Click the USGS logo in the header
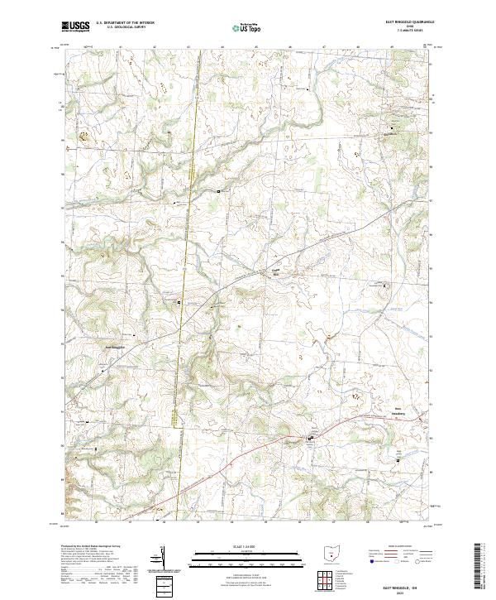coord(76,27)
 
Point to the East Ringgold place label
coord(115,346)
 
